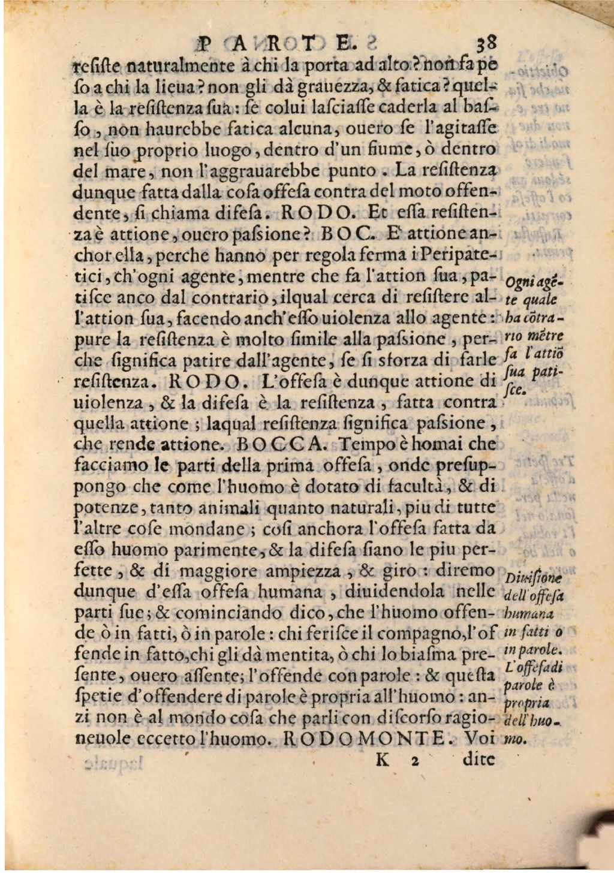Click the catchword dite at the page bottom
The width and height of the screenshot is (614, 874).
point(479,760)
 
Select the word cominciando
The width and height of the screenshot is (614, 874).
point(219,613)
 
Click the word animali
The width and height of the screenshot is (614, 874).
point(228,508)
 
